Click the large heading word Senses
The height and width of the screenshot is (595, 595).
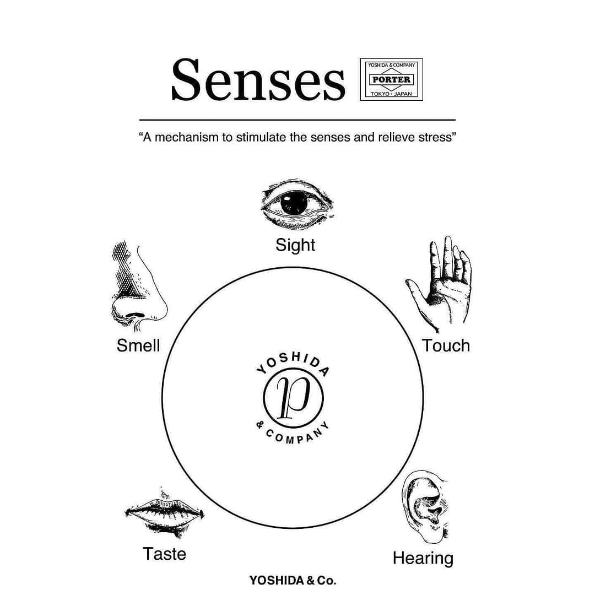[258, 80]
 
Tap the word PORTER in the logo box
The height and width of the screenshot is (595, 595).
[391, 80]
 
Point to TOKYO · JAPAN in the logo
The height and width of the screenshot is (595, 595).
[391, 94]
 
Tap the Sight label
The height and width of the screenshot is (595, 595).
[295, 245]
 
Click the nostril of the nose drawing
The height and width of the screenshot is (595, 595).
[136, 315]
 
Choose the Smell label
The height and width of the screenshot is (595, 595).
[138, 345]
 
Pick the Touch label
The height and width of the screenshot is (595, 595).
[446, 345]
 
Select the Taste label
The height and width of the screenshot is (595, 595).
[164, 554]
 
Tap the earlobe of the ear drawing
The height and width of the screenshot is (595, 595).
[435, 535]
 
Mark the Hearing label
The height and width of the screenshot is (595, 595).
[423, 559]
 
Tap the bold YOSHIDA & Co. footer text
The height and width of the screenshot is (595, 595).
[293, 580]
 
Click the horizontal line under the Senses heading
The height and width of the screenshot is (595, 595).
[297, 120]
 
